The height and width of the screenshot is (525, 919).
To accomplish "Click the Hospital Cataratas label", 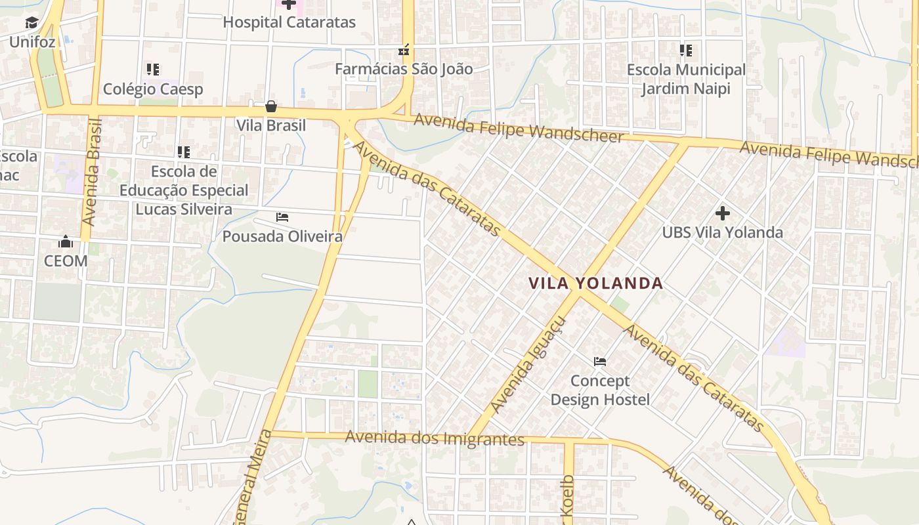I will tap(289, 22).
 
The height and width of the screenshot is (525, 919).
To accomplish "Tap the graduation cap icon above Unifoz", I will tap(32, 24).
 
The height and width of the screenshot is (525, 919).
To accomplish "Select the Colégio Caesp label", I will tap(153, 89).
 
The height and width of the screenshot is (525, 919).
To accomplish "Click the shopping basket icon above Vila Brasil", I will tap(270, 106).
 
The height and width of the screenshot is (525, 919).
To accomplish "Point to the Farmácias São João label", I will tap(404, 69).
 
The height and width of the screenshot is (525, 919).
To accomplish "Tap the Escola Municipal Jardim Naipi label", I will tap(686, 79).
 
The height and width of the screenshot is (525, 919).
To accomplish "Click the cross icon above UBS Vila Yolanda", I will tap(722, 213).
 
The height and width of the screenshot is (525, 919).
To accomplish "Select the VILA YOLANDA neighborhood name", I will tap(595, 283).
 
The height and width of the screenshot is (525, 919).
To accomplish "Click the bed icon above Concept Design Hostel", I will tap(599, 361).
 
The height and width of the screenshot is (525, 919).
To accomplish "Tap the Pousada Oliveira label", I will tap(282, 236).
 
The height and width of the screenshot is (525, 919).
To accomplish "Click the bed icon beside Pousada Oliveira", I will tap(282, 217).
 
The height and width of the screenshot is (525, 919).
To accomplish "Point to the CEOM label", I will tap(66, 261).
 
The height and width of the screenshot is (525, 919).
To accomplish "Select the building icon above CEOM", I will tap(65, 242).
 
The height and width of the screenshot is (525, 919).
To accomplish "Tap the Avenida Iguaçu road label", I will tap(527, 365).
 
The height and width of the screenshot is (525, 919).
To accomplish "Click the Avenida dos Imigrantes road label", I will tap(435, 438).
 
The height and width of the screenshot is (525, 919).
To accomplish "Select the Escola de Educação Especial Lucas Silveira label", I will tap(184, 190).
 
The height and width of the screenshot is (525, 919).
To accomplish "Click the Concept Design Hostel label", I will tap(600, 390).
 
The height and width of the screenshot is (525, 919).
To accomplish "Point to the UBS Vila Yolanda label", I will tap(722, 232).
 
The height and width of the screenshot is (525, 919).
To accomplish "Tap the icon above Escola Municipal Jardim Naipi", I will tap(685, 50).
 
